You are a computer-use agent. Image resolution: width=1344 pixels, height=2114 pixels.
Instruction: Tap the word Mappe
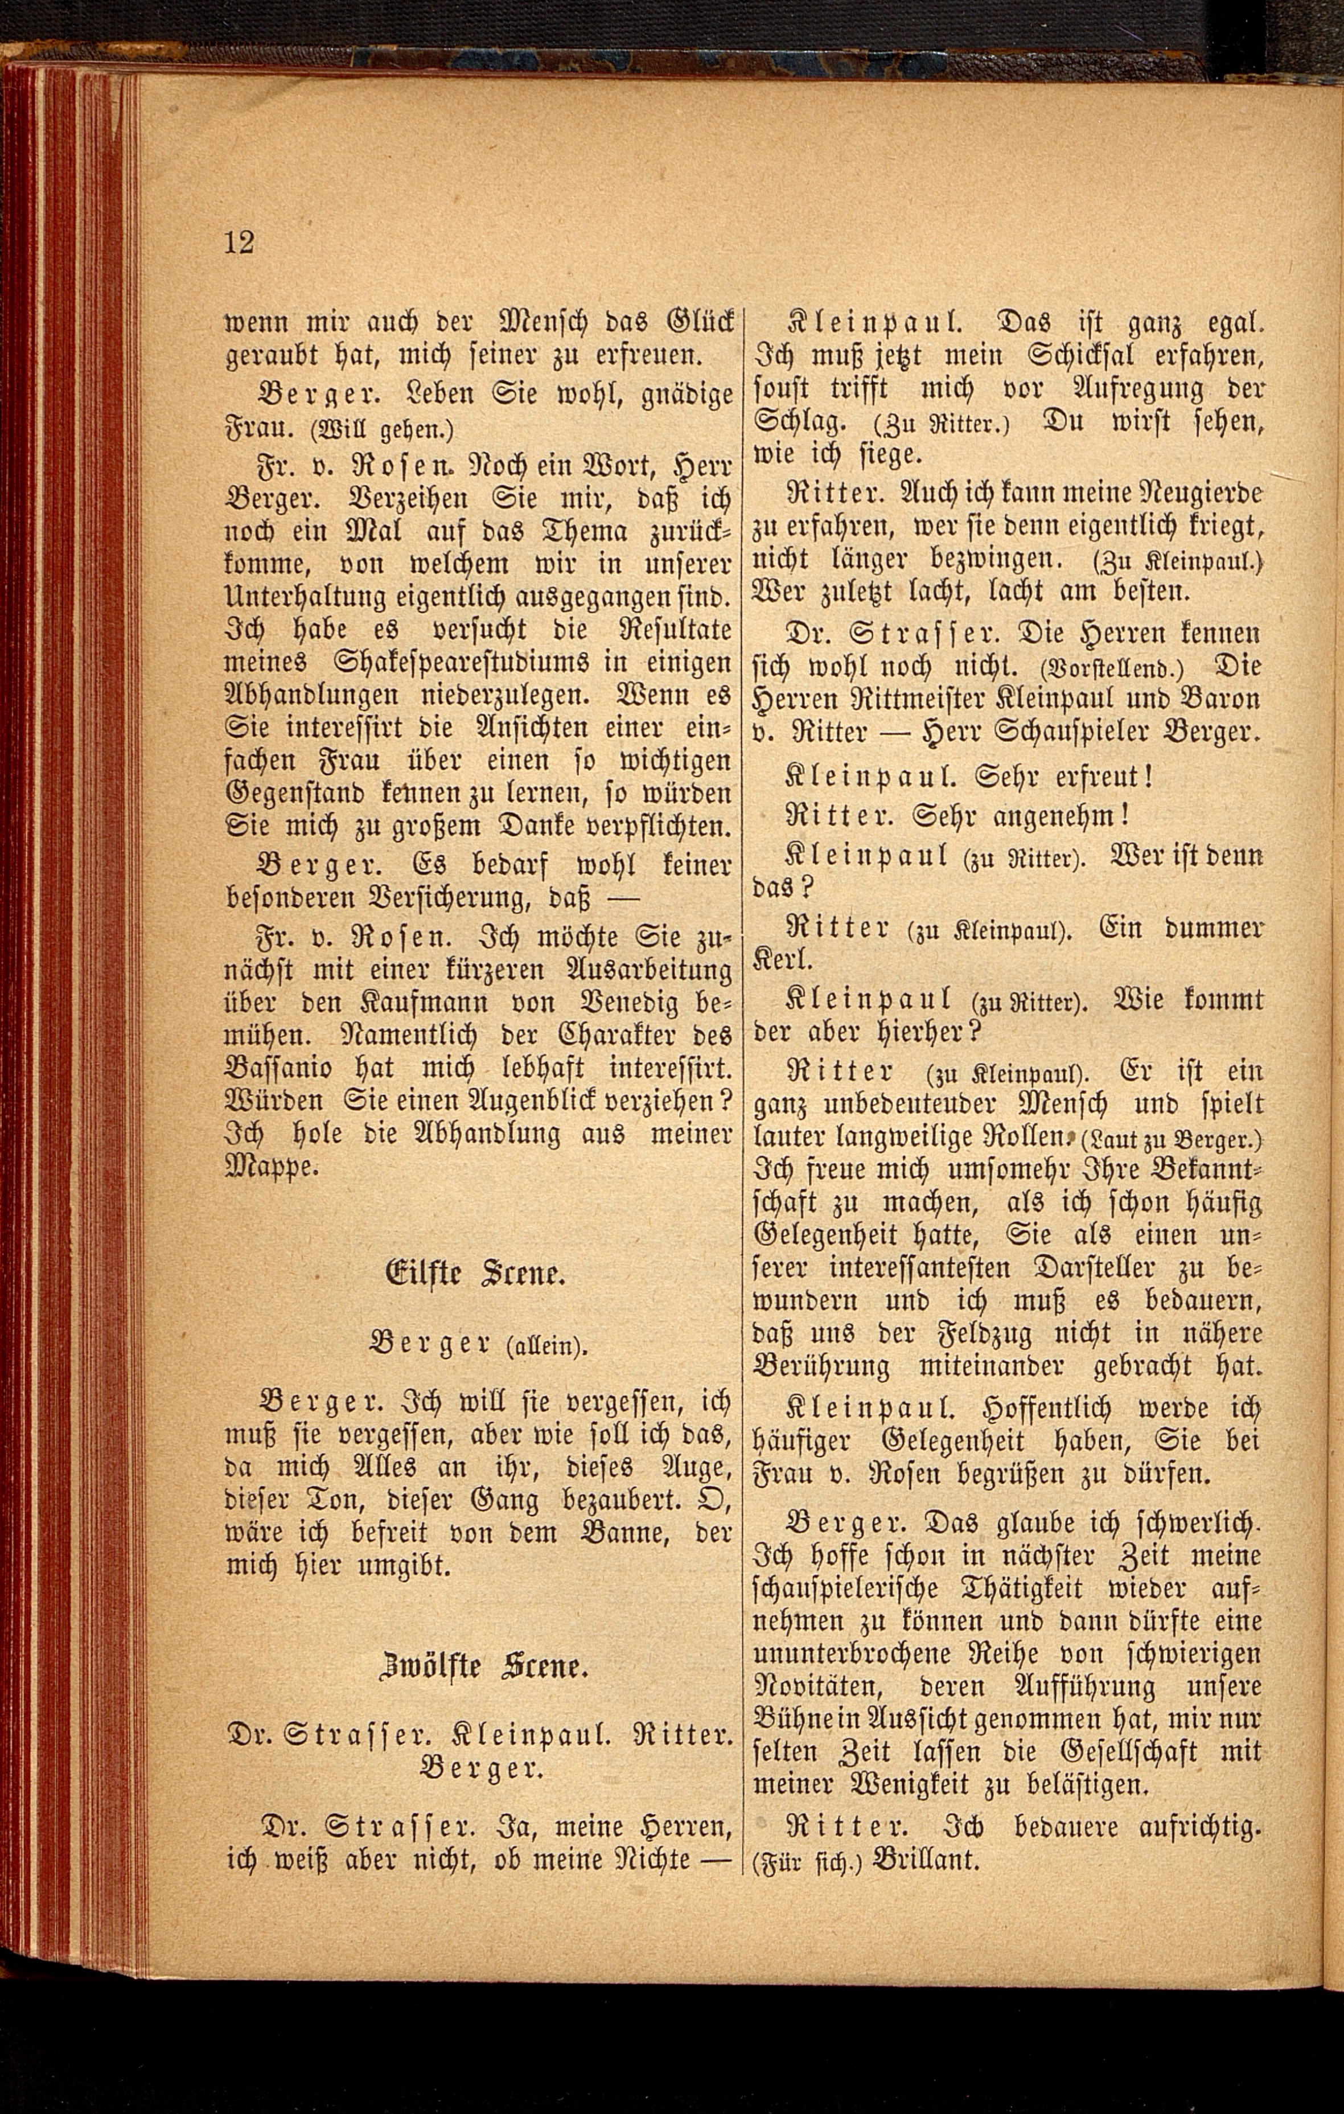[x=268, y=1168]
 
